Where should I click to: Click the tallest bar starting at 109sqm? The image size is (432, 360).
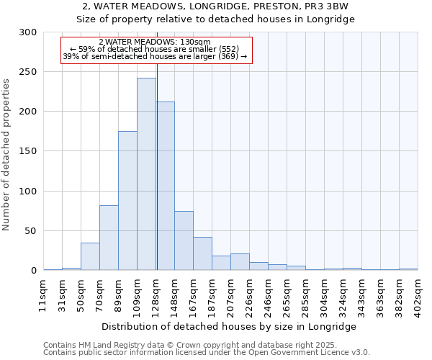tap(146, 174)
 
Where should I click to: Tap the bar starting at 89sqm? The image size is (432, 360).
tap(127, 200)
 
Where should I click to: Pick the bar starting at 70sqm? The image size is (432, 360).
tap(109, 238)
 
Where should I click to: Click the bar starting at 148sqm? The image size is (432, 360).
tap(184, 240)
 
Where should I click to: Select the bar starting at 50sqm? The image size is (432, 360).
tap(90, 256)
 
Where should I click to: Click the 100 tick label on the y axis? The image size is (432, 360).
tap(29, 192)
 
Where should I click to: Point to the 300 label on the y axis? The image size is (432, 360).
tap(29, 32)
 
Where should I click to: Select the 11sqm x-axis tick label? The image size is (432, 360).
tap(44, 295)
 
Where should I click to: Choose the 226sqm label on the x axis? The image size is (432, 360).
tap(250, 295)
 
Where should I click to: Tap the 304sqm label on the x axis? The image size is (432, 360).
tap(325, 295)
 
